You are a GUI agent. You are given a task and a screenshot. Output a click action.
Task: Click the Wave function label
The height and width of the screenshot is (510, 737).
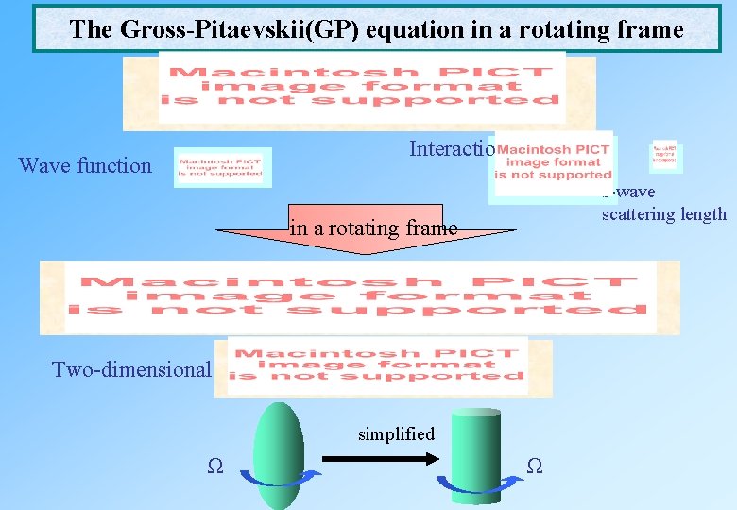(85, 166)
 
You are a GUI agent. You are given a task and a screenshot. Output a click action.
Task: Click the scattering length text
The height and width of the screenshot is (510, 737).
(663, 214)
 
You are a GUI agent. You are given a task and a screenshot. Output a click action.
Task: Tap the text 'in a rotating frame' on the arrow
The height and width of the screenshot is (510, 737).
(373, 228)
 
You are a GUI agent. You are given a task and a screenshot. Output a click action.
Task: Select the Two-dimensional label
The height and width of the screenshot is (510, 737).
(131, 369)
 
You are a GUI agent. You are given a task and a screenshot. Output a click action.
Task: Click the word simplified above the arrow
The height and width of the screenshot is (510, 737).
(396, 434)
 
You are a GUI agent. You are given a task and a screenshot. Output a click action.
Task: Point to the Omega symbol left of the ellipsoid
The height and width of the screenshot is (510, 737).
(215, 466)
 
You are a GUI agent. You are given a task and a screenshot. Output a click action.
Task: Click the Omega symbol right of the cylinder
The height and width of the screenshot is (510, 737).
(533, 466)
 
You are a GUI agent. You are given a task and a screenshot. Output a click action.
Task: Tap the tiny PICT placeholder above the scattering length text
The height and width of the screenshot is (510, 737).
(666, 157)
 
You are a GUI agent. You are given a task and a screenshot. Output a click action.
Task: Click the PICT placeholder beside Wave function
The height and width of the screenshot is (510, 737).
(223, 166)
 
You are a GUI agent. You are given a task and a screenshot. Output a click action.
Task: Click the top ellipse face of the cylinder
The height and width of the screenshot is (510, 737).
(475, 413)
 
